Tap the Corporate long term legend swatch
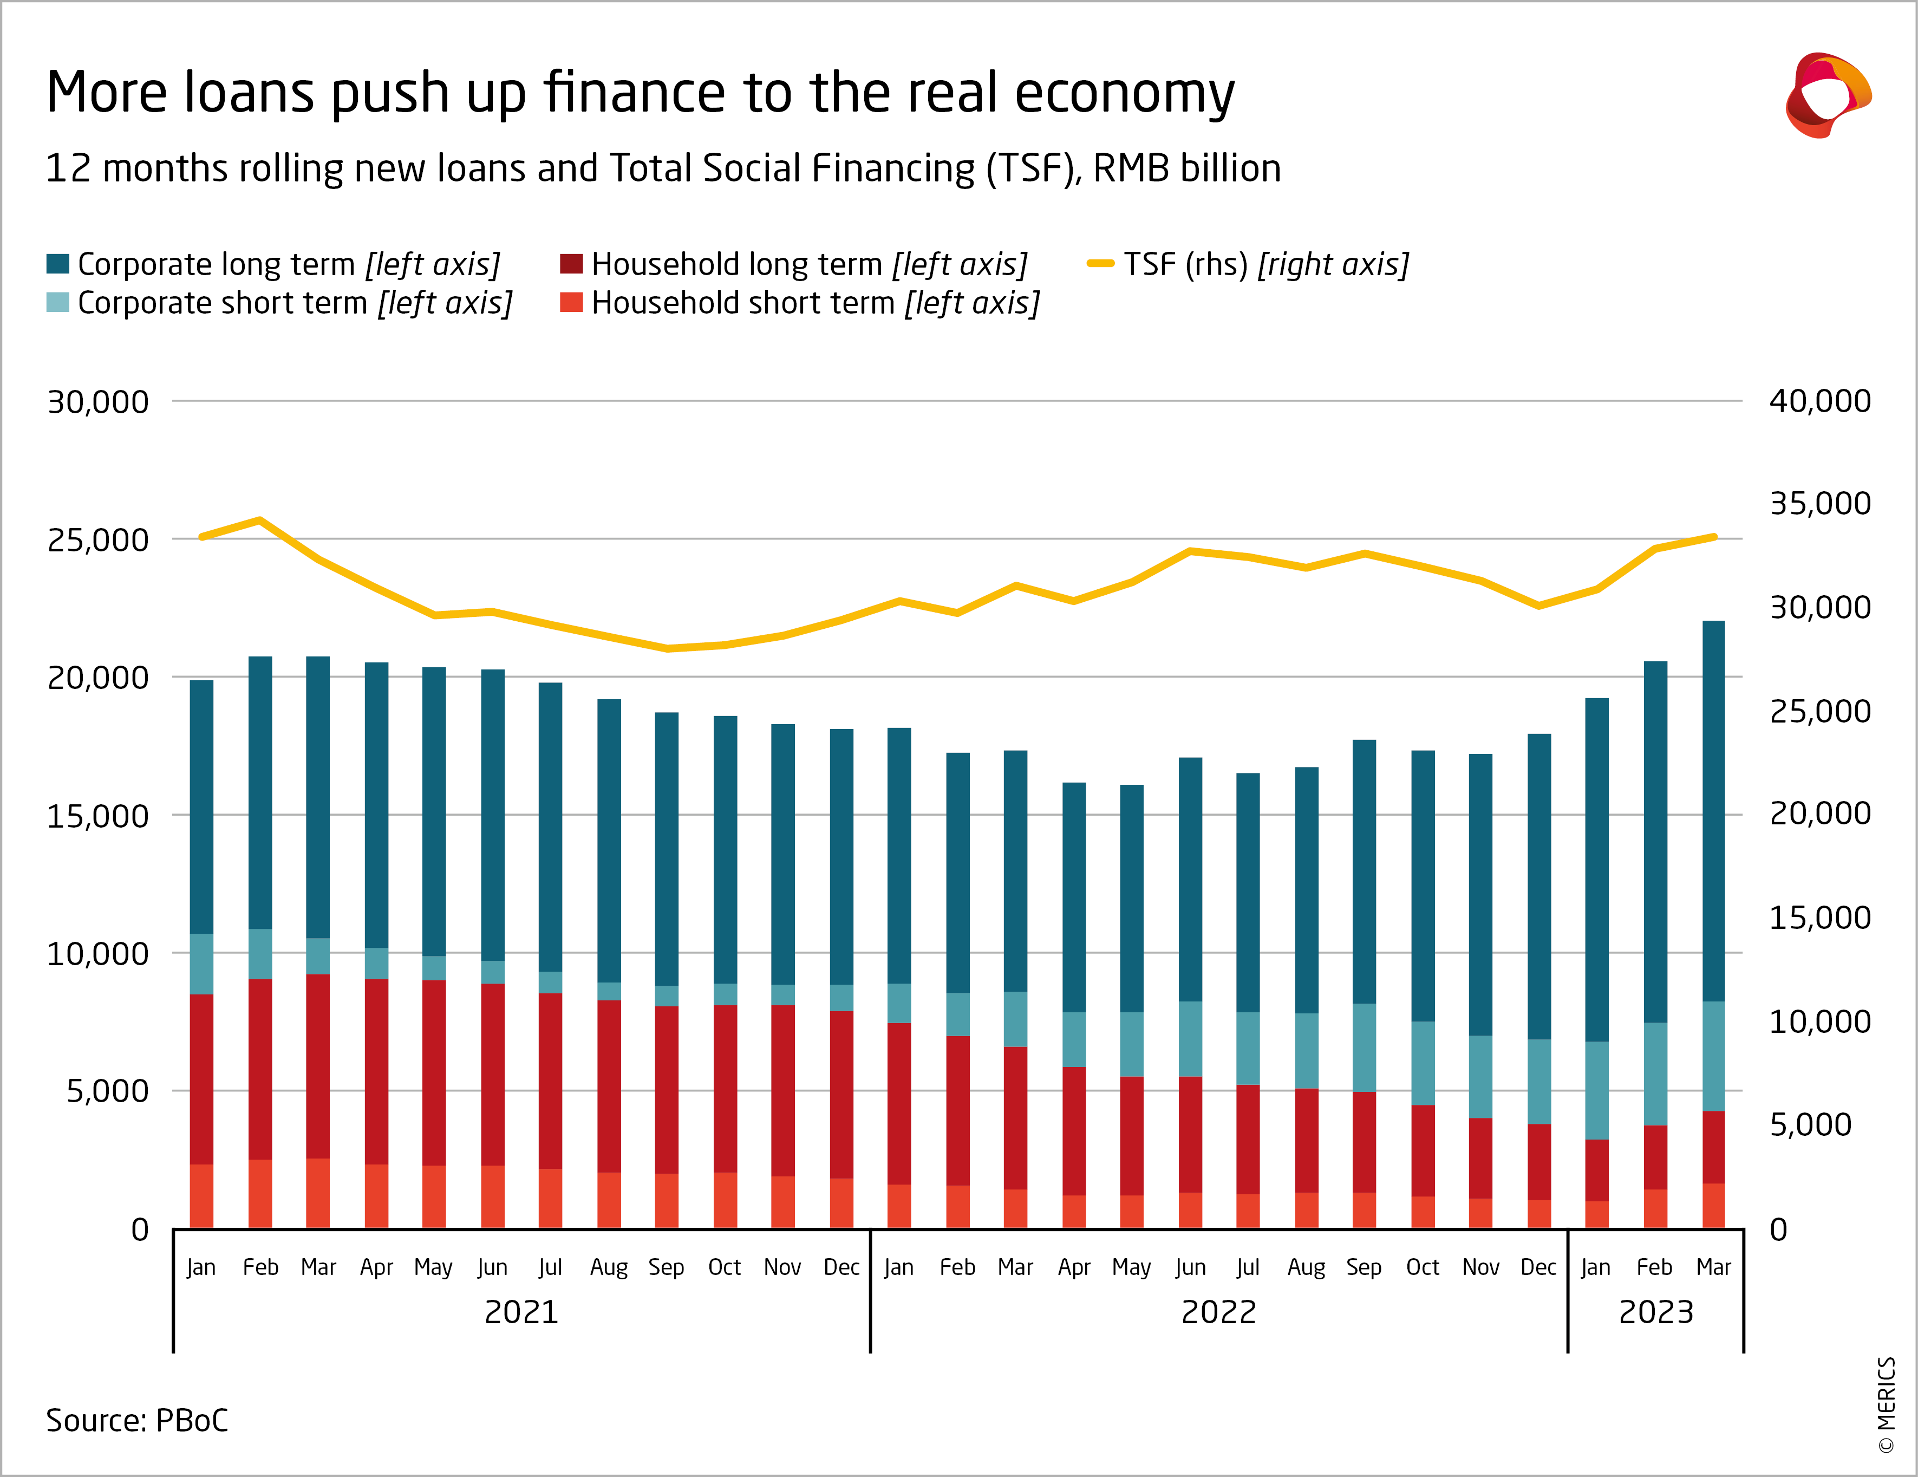58,264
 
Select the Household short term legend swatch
572,302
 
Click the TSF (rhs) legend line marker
1100,264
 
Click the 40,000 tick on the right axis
1819,401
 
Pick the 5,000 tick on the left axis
107,1091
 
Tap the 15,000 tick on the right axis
1819,918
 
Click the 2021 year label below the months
521,1312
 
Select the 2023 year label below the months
1655,1312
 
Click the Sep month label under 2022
1364,1267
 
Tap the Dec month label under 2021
841,1267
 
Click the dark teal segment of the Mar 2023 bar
1713,808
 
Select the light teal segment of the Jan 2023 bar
1596,1090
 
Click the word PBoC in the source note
192,1421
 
